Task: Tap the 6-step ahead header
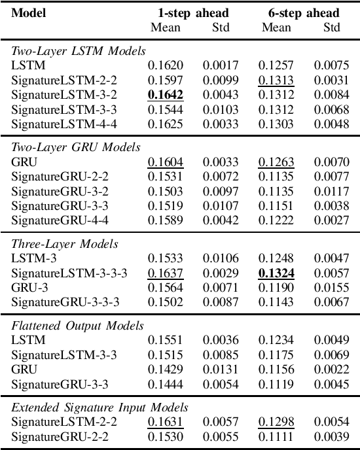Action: tap(303, 13)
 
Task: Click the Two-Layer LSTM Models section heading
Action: tap(79, 50)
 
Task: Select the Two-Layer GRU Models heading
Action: tap(76, 147)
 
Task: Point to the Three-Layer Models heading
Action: tap(64, 244)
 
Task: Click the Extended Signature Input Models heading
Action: tap(100, 407)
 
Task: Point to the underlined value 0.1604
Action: tap(165, 162)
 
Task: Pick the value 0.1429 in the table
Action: tap(165, 370)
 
